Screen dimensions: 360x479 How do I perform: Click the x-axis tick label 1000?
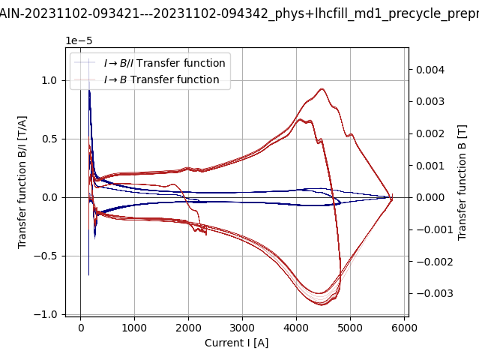(x=134, y=328)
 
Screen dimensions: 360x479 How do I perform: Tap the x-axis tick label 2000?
(x=188, y=328)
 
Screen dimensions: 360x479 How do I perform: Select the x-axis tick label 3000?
(x=242, y=328)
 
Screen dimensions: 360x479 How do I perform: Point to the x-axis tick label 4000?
(x=296, y=328)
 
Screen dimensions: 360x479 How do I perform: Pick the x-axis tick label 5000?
(x=350, y=328)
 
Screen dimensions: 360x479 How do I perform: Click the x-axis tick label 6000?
(x=404, y=328)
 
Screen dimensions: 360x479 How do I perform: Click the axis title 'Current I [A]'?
(x=237, y=343)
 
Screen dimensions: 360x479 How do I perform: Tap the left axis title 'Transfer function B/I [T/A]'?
(x=22, y=182)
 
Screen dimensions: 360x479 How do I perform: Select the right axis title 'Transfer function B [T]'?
(x=463, y=182)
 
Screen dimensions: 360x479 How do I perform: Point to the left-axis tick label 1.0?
(x=50, y=80)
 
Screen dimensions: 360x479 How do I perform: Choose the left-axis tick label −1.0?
(x=47, y=314)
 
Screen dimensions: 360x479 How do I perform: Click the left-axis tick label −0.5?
(x=47, y=256)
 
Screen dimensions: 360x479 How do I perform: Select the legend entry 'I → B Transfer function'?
(x=161, y=79)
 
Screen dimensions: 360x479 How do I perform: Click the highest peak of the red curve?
(x=322, y=89)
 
